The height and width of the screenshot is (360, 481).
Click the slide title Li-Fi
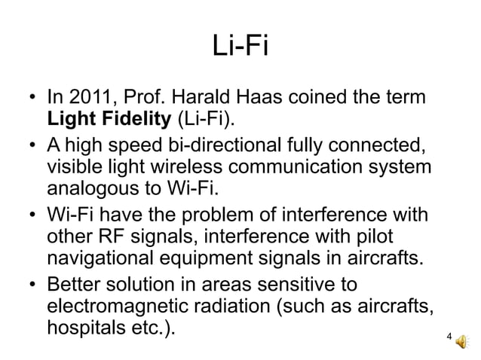(x=240, y=48)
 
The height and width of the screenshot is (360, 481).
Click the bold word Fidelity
(x=133, y=119)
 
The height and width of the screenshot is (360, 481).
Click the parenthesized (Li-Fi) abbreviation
(x=204, y=119)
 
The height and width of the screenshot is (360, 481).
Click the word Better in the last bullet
(x=76, y=285)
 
